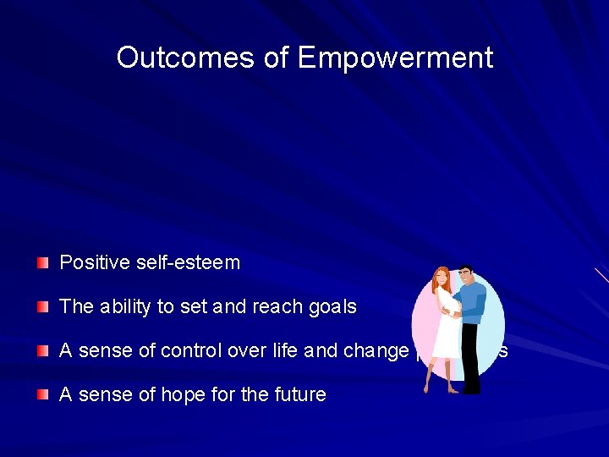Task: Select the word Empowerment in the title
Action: (395, 58)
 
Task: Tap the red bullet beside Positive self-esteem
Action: (43, 263)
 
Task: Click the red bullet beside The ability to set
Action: (43, 307)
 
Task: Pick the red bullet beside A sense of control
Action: (43, 351)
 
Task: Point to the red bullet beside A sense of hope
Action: (43, 395)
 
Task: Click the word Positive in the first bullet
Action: (94, 263)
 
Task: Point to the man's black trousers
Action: (471, 364)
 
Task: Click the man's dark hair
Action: (466, 270)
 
